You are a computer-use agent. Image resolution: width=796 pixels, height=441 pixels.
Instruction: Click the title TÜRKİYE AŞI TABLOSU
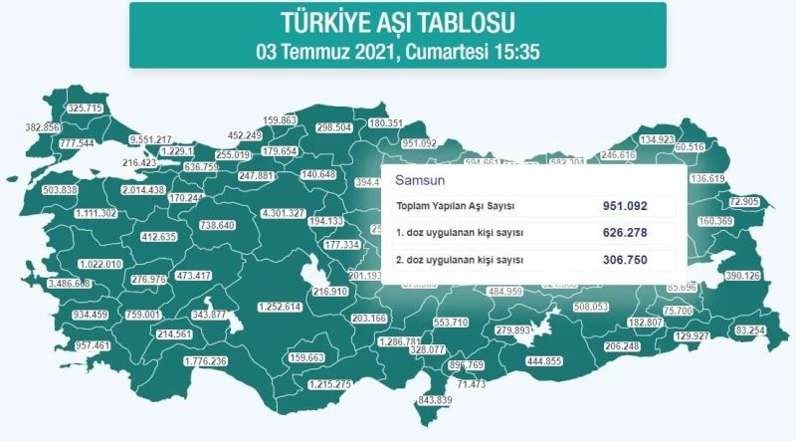(x=397, y=23)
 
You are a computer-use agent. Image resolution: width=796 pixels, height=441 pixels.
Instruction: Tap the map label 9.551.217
(x=152, y=138)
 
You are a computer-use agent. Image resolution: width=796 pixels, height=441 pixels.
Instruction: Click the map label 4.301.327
(x=283, y=214)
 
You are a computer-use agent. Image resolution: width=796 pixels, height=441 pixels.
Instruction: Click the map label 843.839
(x=434, y=399)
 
